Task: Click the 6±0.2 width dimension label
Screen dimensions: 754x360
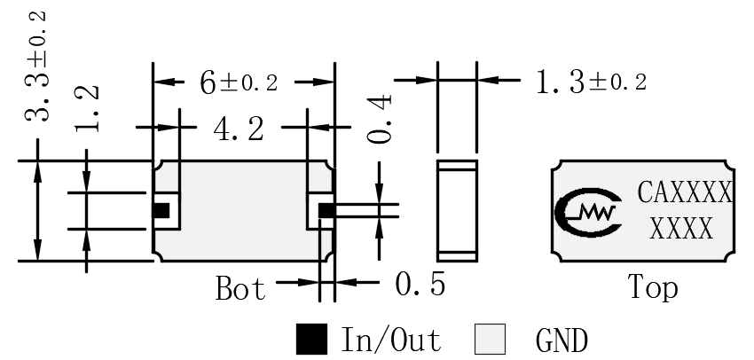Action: point(239,82)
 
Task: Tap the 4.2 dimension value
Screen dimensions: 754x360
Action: point(239,129)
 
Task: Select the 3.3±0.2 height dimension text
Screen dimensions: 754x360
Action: point(36,67)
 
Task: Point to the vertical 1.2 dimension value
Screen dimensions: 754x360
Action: point(87,109)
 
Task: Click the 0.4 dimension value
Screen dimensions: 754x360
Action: point(380,119)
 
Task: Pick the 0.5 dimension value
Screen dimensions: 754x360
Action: point(420,284)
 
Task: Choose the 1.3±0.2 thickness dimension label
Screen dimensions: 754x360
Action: point(591,82)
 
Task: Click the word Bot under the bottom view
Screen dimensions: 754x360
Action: point(240,288)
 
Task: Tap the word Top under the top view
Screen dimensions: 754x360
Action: point(653,287)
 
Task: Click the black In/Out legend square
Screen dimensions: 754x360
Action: point(311,340)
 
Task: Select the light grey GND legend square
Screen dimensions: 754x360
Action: point(490,340)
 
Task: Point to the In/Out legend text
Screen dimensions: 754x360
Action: point(391,340)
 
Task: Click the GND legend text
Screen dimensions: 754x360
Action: point(562,340)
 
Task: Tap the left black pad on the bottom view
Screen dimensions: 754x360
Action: point(161,210)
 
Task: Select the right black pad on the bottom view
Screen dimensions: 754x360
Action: point(326,210)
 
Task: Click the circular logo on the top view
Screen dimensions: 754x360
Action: point(587,213)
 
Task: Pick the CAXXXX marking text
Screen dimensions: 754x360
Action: point(684,192)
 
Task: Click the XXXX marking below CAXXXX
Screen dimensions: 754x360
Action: point(681,228)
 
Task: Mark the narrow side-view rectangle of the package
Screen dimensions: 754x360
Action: point(458,211)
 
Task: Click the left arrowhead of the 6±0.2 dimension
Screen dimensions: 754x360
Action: point(162,82)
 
